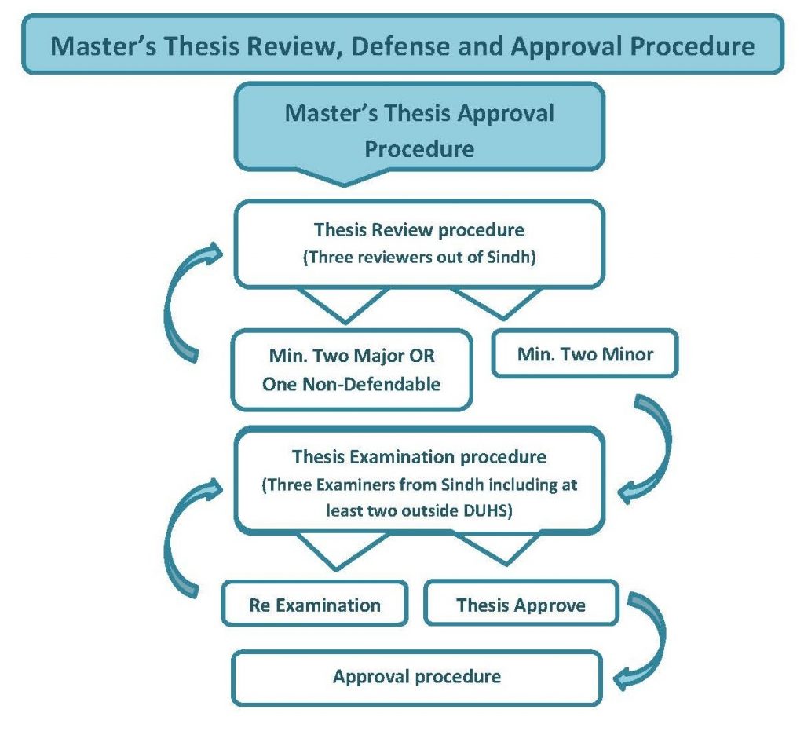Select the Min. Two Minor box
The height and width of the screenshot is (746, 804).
pyautogui.click(x=585, y=354)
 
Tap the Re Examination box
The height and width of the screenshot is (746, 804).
pyautogui.click(x=315, y=605)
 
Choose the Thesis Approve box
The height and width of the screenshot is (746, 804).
pyautogui.click(x=521, y=605)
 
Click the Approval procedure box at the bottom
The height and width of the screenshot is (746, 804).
pyautogui.click(x=417, y=676)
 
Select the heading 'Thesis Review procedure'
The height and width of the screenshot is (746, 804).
pyautogui.click(x=419, y=231)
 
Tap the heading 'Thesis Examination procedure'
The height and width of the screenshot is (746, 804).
pyautogui.click(x=419, y=457)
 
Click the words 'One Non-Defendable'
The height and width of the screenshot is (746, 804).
pyautogui.click(x=352, y=384)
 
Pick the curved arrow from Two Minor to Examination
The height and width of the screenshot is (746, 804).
pyautogui.click(x=651, y=447)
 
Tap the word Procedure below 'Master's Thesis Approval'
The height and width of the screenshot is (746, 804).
pyautogui.click(x=419, y=148)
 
